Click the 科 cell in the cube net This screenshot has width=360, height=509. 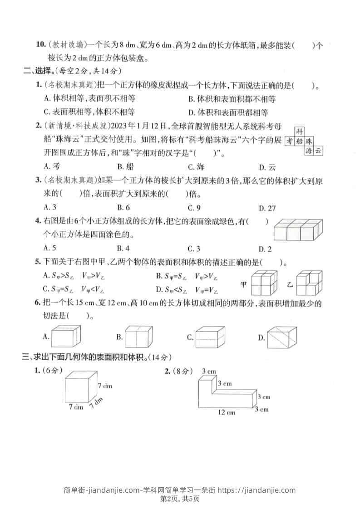click(x=299, y=131)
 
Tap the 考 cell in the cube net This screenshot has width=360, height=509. click(x=289, y=141)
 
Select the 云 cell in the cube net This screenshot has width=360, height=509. click(x=318, y=151)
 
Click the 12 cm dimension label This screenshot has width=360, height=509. click(x=226, y=412)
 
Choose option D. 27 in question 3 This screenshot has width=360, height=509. click(x=267, y=208)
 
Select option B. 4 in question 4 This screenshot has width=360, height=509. click(x=123, y=248)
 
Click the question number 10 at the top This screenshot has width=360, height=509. click(x=41, y=45)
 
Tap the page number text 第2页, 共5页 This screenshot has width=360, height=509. click(x=180, y=499)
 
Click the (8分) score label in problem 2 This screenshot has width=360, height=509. click(x=183, y=371)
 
